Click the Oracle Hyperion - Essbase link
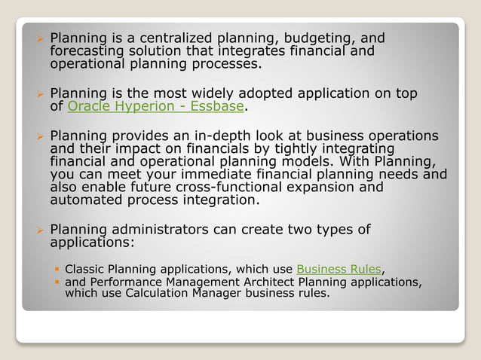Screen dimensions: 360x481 point(155,106)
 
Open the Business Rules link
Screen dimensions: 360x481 point(339,269)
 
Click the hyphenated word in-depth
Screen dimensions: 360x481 point(239,136)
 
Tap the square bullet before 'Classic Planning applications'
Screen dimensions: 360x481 point(57,270)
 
